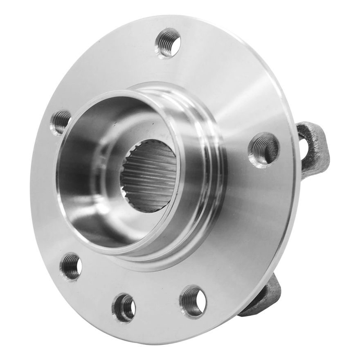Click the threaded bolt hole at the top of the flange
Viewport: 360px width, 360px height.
pos(168,43)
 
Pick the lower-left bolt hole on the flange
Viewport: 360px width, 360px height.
pos(71,266)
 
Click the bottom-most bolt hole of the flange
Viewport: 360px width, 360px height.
pos(124,307)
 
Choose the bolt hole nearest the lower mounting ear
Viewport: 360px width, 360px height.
pos(193,301)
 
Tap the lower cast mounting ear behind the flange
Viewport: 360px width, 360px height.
pos(266,297)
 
